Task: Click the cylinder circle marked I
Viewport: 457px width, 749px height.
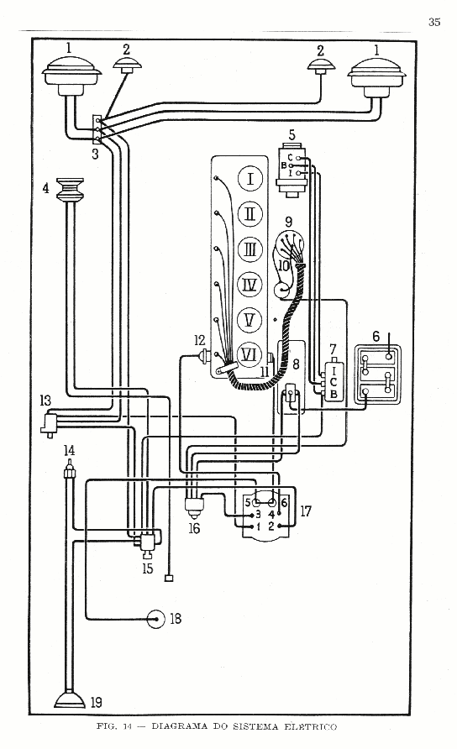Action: coord(250,180)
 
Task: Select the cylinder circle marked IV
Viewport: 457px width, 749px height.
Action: coord(250,285)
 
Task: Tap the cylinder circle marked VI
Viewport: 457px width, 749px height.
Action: coord(250,354)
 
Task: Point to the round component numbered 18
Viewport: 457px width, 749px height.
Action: coord(156,619)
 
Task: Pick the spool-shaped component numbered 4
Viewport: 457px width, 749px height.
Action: coord(71,190)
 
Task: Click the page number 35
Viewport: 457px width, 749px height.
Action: coord(434,22)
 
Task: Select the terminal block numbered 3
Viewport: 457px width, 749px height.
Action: coord(97,129)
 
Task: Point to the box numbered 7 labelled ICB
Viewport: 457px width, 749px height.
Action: coord(334,380)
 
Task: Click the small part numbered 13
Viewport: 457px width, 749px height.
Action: coord(50,424)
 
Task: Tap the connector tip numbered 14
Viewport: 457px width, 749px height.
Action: coord(70,469)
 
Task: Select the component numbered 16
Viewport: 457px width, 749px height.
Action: coord(194,507)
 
